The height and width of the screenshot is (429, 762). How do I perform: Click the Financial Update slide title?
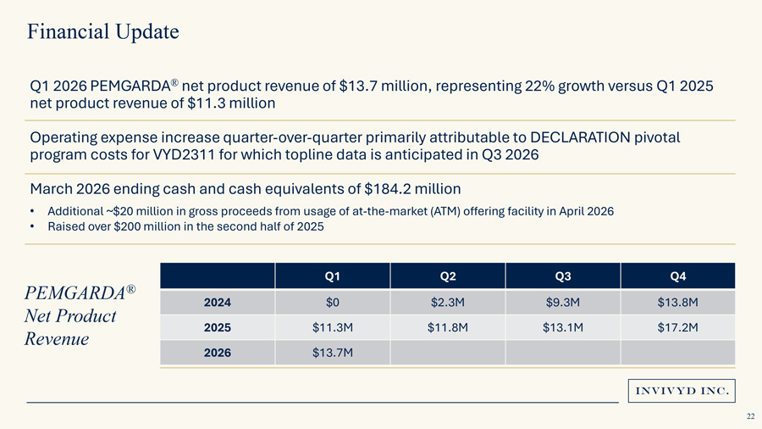(103, 31)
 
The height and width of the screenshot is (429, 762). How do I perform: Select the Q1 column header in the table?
(333, 276)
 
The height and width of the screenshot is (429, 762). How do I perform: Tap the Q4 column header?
(678, 276)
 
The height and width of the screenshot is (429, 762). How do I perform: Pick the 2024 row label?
(218, 303)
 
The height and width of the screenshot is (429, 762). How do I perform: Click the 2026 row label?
(218, 353)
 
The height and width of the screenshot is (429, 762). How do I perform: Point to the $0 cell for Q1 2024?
(333, 303)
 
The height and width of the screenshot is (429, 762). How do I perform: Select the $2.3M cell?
(448, 303)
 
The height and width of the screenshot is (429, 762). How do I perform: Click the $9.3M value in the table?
(563, 303)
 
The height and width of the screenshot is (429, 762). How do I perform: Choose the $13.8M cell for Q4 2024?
(678, 303)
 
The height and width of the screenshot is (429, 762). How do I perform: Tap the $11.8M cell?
(448, 327)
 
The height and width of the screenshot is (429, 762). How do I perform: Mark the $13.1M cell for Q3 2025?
(563, 327)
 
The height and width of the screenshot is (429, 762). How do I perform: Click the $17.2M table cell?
(678, 327)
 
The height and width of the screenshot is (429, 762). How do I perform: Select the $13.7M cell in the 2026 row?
(333, 353)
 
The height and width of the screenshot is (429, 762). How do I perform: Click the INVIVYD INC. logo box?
(682, 391)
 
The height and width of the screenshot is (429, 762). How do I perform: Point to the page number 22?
(751, 416)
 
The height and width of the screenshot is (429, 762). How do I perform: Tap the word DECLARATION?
(580, 137)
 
